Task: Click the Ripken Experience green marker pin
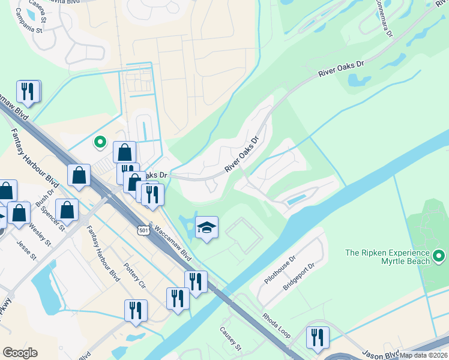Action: (439, 257)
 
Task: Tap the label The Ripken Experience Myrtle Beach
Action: (387, 257)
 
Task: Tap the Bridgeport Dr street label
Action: (303, 275)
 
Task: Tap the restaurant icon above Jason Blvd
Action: (317, 337)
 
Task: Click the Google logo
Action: (20, 353)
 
